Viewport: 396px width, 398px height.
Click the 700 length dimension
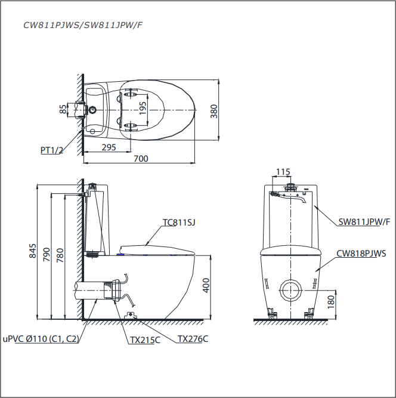click(141, 158)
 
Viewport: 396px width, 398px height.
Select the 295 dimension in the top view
click(108, 147)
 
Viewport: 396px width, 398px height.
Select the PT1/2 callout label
click(52, 150)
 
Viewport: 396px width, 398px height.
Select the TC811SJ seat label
click(179, 223)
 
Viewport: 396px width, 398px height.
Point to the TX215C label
click(146, 340)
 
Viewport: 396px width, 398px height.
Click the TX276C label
click(193, 338)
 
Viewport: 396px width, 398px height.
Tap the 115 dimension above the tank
click(283, 172)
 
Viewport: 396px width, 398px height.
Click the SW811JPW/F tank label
click(364, 222)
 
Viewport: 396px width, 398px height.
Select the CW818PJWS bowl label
click(361, 253)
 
